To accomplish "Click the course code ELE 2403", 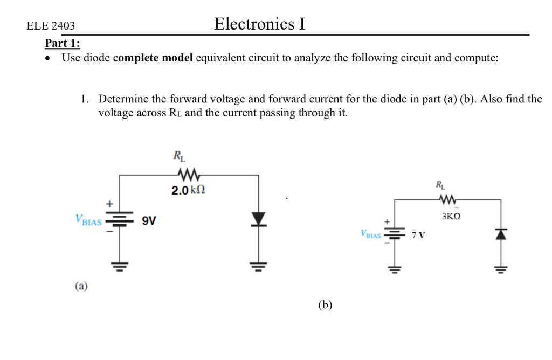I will [51, 26].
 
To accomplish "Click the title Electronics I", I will [259, 24].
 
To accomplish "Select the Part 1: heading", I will [63, 43].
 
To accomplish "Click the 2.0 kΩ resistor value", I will [189, 190].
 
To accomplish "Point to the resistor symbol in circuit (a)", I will [189, 175].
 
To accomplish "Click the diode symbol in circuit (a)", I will [259, 219].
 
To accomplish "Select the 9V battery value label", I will [149, 220].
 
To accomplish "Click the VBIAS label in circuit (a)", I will [88, 220].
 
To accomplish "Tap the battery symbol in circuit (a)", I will [119, 221].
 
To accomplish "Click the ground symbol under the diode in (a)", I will [259, 265].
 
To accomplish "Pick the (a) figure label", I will [81, 286].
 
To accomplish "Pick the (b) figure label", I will [325, 305].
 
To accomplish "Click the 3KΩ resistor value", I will [451, 216].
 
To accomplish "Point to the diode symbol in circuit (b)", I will [501, 233].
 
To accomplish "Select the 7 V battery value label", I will [418, 235].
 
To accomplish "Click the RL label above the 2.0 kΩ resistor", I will [179, 157].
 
